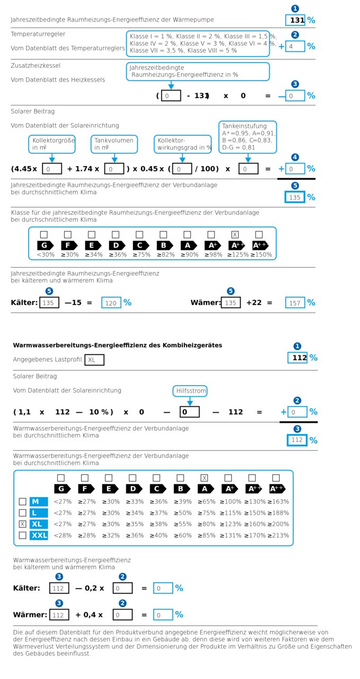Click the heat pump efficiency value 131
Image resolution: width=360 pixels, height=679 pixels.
(x=295, y=20)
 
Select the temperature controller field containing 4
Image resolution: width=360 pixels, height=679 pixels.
(x=295, y=46)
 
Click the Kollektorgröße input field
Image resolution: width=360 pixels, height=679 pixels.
(x=51, y=169)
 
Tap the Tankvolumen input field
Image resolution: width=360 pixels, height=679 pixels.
(x=114, y=169)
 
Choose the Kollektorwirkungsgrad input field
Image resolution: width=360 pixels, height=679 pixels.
(x=182, y=169)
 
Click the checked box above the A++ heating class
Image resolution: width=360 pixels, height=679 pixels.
(x=235, y=234)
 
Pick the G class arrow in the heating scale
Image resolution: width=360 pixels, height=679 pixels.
(x=45, y=245)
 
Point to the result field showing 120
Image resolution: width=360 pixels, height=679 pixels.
(x=111, y=302)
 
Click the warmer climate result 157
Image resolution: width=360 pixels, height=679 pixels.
(x=295, y=302)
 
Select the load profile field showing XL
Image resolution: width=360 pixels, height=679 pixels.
(x=94, y=360)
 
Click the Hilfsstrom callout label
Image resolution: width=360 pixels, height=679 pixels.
(x=190, y=391)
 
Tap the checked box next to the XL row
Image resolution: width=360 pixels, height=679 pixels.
(x=22, y=524)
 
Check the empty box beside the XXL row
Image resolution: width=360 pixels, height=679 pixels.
(x=22, y=535)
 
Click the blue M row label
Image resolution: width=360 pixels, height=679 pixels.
(x=39, y=501)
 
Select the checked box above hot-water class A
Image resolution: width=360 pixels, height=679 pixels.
(x=204, y=478)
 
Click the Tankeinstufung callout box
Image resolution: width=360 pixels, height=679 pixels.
(x=248, y=137)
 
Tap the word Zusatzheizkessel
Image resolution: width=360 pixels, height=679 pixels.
(x=36, y=66)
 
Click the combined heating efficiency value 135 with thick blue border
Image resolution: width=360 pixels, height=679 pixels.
(x=295, y=197)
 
